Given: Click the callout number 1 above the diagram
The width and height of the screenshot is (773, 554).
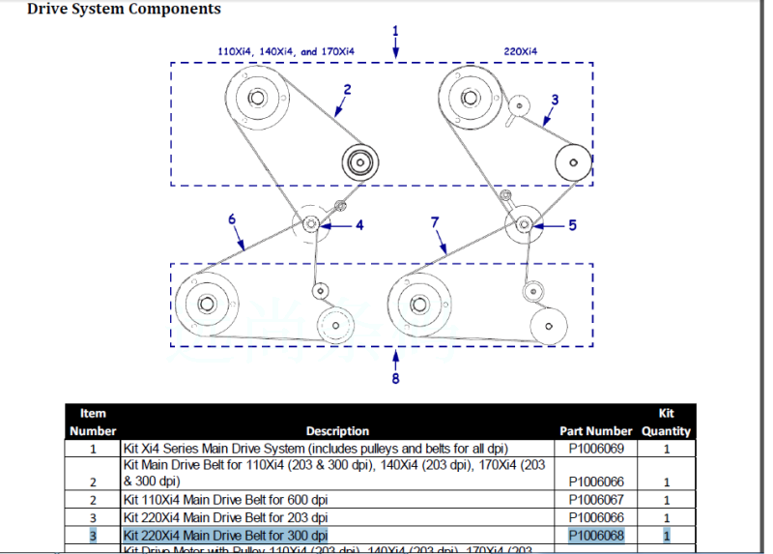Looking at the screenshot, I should (x=395, y=31).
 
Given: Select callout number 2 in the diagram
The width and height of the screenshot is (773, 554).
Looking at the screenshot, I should (x=347, y=90).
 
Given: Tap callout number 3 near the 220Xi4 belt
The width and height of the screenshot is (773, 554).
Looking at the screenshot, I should (x=556, y=99).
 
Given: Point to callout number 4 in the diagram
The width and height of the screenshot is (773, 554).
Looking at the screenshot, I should (x=358, y=225).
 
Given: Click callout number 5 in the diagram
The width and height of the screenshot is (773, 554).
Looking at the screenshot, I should (x=572, y=225).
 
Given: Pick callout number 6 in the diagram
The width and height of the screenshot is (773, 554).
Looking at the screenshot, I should (x=232, y=219).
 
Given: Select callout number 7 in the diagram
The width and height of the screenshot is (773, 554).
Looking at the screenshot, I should (x=435, y=222).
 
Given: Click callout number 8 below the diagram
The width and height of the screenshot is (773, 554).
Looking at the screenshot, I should (x=395, y=379).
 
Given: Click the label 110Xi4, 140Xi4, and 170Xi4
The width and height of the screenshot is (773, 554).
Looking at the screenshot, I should (x=286, y=50).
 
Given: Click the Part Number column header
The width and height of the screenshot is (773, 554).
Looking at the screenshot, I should (x=596, y=431).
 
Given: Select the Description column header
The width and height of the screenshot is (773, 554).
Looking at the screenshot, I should (x=337, y=431).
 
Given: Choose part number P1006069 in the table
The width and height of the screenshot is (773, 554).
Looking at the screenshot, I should (x=596, y=449).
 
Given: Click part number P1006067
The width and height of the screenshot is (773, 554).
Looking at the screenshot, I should (x=596, y=500).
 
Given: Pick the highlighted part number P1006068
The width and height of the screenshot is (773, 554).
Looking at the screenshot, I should (x=596, y=535).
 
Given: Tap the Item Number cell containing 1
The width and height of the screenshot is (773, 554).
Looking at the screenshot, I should (x=93, y=449).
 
